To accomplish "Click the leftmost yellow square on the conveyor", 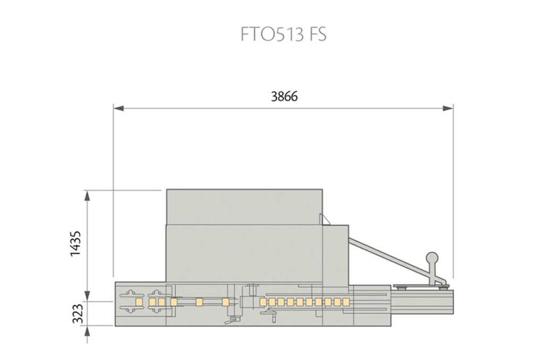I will click(x=139, y=302).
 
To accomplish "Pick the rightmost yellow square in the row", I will click(x=346, y=302).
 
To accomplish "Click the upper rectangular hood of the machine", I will click(x=244, y=206).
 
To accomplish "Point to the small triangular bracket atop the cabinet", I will click(x=322, y=218).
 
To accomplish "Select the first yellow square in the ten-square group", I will click(x=262, y=302).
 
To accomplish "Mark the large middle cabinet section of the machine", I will click(x=244, y=253).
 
